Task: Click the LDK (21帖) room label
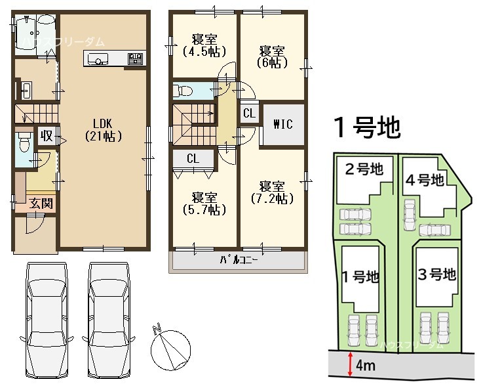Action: tap(103, 130)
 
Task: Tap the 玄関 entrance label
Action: tap(41, 204)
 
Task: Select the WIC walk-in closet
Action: tap(283, 124)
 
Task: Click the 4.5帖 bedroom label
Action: tap(204, 46)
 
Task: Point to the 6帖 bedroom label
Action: tap(272, 56)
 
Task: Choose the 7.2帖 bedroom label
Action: tap(272, 193)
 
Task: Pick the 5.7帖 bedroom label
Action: tap(204, 204)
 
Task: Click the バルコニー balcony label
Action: tap(239, 260)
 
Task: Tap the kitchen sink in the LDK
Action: tap(98, 58)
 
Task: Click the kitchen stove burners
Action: tap(136, 58)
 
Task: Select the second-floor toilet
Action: tap(183, 91)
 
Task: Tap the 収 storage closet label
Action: tap(47, 136)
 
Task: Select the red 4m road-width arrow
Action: tap(350, 364)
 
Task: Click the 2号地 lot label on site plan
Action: tap(364, 169)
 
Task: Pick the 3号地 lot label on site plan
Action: tap(436, 274)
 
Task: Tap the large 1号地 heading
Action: tap(367, 127)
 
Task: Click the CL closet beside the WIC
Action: tap(249, 113)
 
